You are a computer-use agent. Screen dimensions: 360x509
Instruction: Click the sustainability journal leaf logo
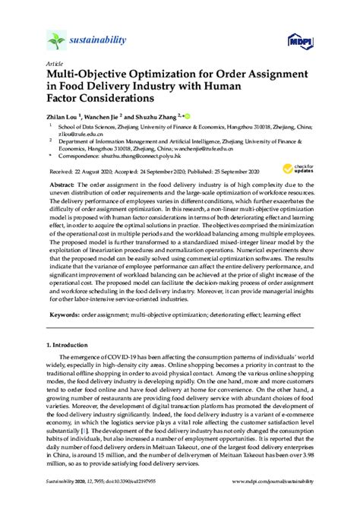tap(56, 40)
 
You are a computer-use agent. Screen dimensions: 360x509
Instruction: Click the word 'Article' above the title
tap(55, 65)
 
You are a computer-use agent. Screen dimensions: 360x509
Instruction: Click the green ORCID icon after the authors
tap(187, 116)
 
